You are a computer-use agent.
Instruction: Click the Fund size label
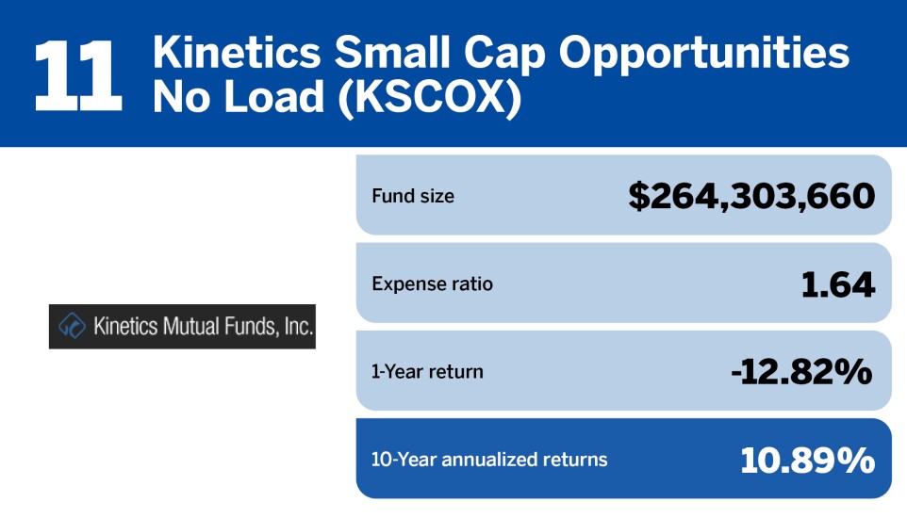click(412, 197)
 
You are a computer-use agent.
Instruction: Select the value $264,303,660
click(751, 196)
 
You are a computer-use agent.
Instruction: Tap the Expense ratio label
click(432, 283)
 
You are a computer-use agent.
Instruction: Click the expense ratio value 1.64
click(837, 283)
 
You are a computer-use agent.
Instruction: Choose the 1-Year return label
click(427, 371)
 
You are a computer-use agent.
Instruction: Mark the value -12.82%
click(801, 371)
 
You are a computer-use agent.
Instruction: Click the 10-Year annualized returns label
click(489, 460)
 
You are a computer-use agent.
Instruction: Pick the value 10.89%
click(807, 460)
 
